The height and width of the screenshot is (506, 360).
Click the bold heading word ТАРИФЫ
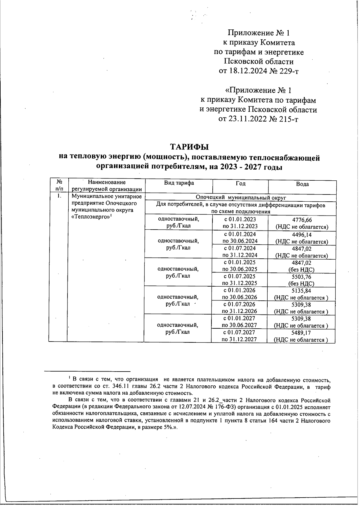[189, 147]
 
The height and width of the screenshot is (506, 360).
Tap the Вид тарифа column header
[179, 183]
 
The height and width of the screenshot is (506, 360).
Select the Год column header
[240, 183]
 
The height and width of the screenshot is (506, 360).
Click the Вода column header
[302, 184]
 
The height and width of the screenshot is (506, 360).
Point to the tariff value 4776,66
[302, 220]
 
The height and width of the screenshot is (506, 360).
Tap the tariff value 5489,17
[301, 333]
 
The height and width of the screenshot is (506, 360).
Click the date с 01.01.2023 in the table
[240, 219]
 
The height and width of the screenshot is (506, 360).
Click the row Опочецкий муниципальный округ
[241, 197]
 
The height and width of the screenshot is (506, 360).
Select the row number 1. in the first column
[59, 196]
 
